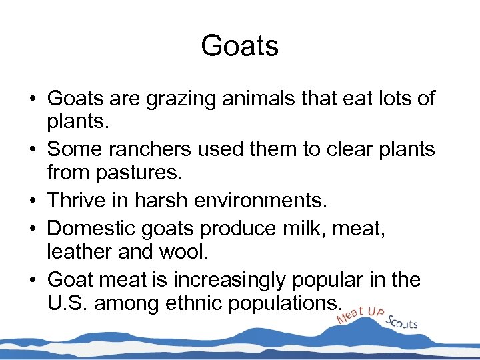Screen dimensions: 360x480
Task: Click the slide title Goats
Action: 239,46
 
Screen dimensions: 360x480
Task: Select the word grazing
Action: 173,99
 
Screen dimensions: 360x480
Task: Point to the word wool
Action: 153,252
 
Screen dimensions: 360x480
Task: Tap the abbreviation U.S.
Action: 68,304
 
